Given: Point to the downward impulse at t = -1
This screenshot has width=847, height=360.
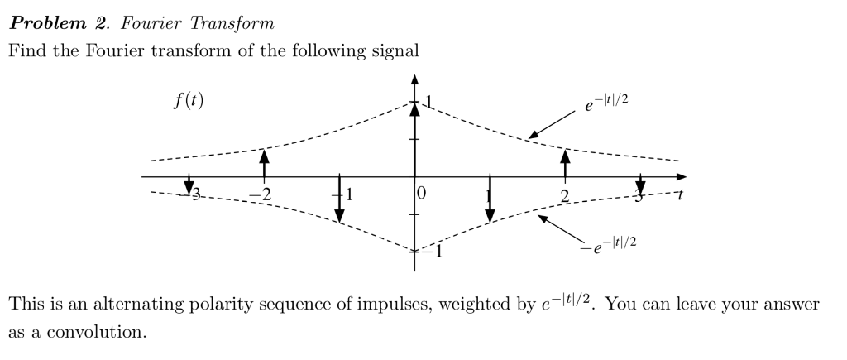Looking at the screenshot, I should coord(339,199).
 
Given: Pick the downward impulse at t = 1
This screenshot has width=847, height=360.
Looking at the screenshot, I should coord(490,199).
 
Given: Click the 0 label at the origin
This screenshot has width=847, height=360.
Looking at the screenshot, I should coord(422,194).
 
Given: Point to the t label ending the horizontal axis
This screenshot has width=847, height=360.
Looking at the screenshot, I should coord(680,195).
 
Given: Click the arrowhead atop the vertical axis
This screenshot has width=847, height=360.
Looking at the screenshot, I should coord(414,79).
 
